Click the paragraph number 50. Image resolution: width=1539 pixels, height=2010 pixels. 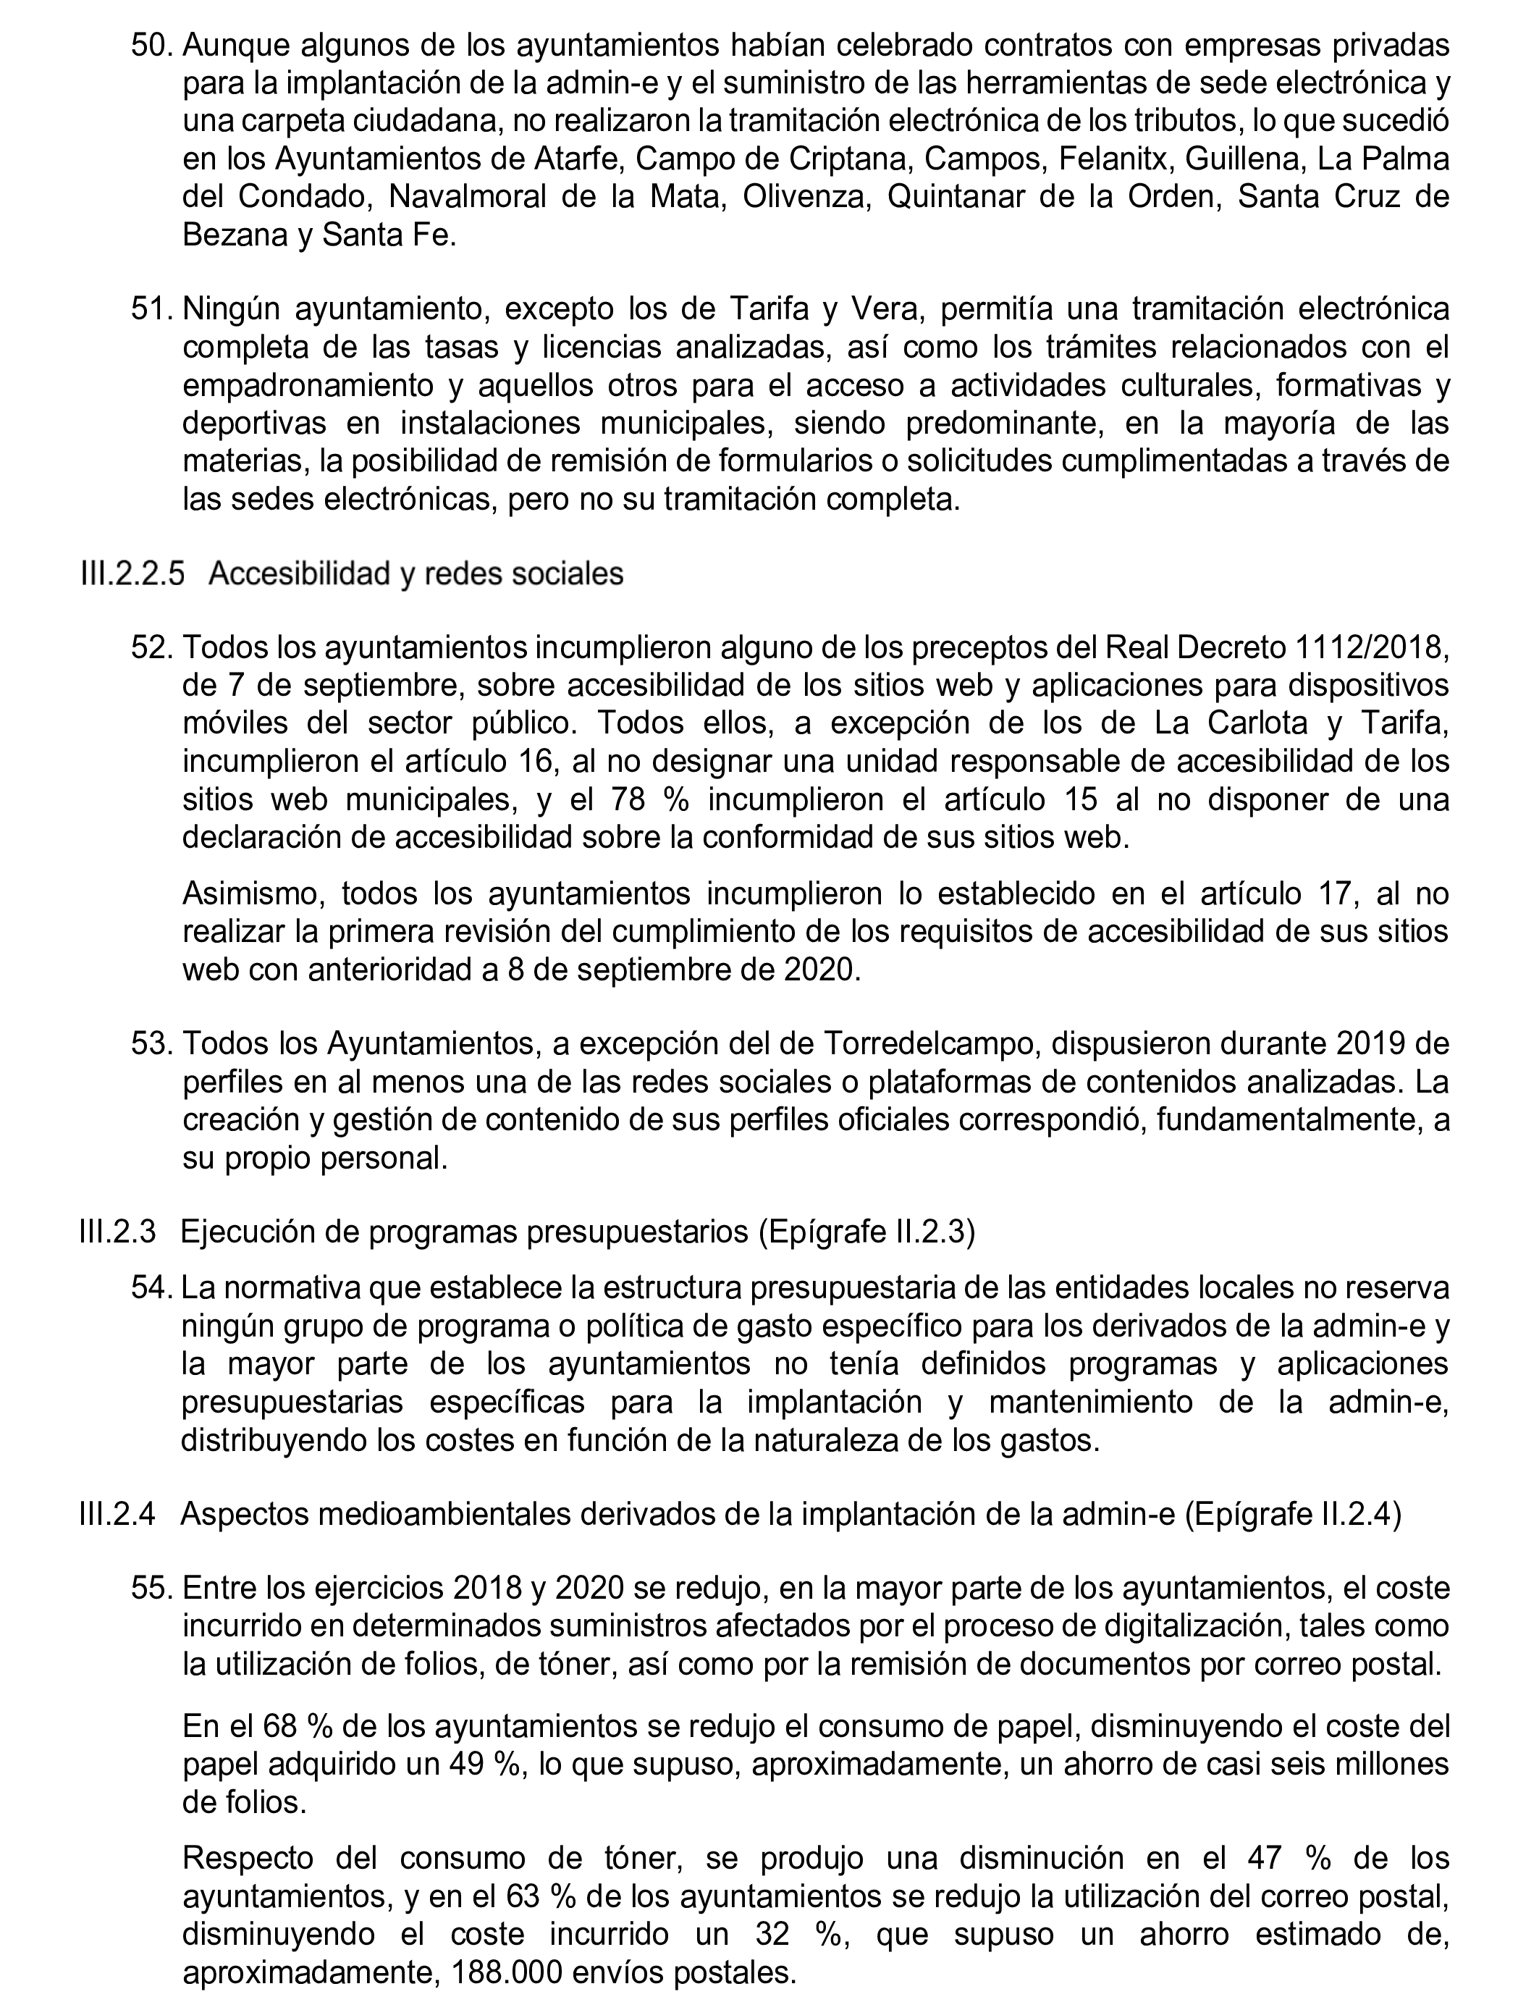151,45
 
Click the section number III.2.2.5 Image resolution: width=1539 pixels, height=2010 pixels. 132,573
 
